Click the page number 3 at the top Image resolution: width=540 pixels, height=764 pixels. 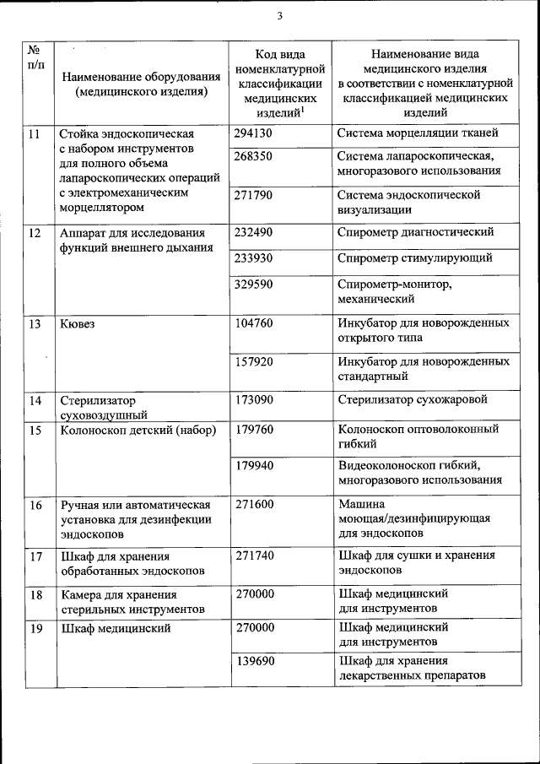279,15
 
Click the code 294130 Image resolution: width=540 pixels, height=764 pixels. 254,133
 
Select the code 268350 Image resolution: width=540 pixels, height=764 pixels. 254,156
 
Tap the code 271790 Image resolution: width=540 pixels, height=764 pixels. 254,194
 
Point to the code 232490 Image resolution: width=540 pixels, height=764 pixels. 254,232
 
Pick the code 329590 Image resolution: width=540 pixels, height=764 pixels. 254,284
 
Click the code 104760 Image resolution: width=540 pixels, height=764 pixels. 254,322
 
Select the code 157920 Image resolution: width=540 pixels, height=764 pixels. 254,360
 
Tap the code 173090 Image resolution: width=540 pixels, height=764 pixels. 254,399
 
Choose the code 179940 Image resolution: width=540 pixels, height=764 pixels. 254,465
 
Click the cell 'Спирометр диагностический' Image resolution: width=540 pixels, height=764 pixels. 415,232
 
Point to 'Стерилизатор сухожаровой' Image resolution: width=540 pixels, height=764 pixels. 412,399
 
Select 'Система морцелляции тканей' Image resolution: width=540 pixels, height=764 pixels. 417,133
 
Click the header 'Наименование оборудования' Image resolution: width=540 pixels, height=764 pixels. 141,78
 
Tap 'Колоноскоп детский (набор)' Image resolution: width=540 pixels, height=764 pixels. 138,430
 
